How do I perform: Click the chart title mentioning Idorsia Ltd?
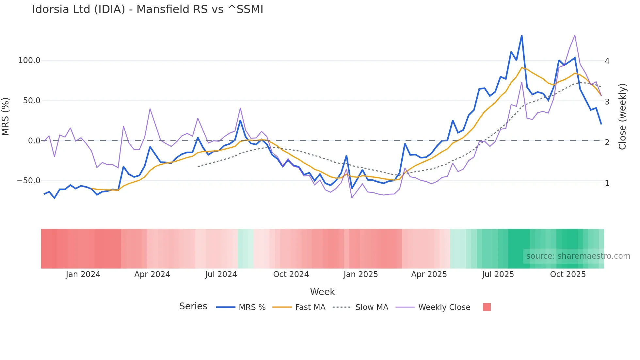(148, 9)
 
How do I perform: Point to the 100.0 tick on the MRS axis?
(29, 60)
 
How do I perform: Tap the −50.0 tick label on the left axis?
(29, 181)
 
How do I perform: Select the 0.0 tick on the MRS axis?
(34, 141)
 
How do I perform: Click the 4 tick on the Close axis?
(607, 61)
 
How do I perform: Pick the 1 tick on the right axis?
(607, 183)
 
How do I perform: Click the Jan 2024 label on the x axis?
(83, 274)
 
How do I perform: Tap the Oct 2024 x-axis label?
(291, 274)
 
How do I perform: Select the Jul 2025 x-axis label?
(498, 274)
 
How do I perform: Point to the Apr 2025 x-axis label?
(429, 274)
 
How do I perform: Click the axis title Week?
(322, 292)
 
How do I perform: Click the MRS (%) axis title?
(6, 117)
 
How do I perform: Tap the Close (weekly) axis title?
(622, 117)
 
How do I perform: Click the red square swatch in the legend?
(487, 307)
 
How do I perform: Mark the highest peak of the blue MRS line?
(521, 36)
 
